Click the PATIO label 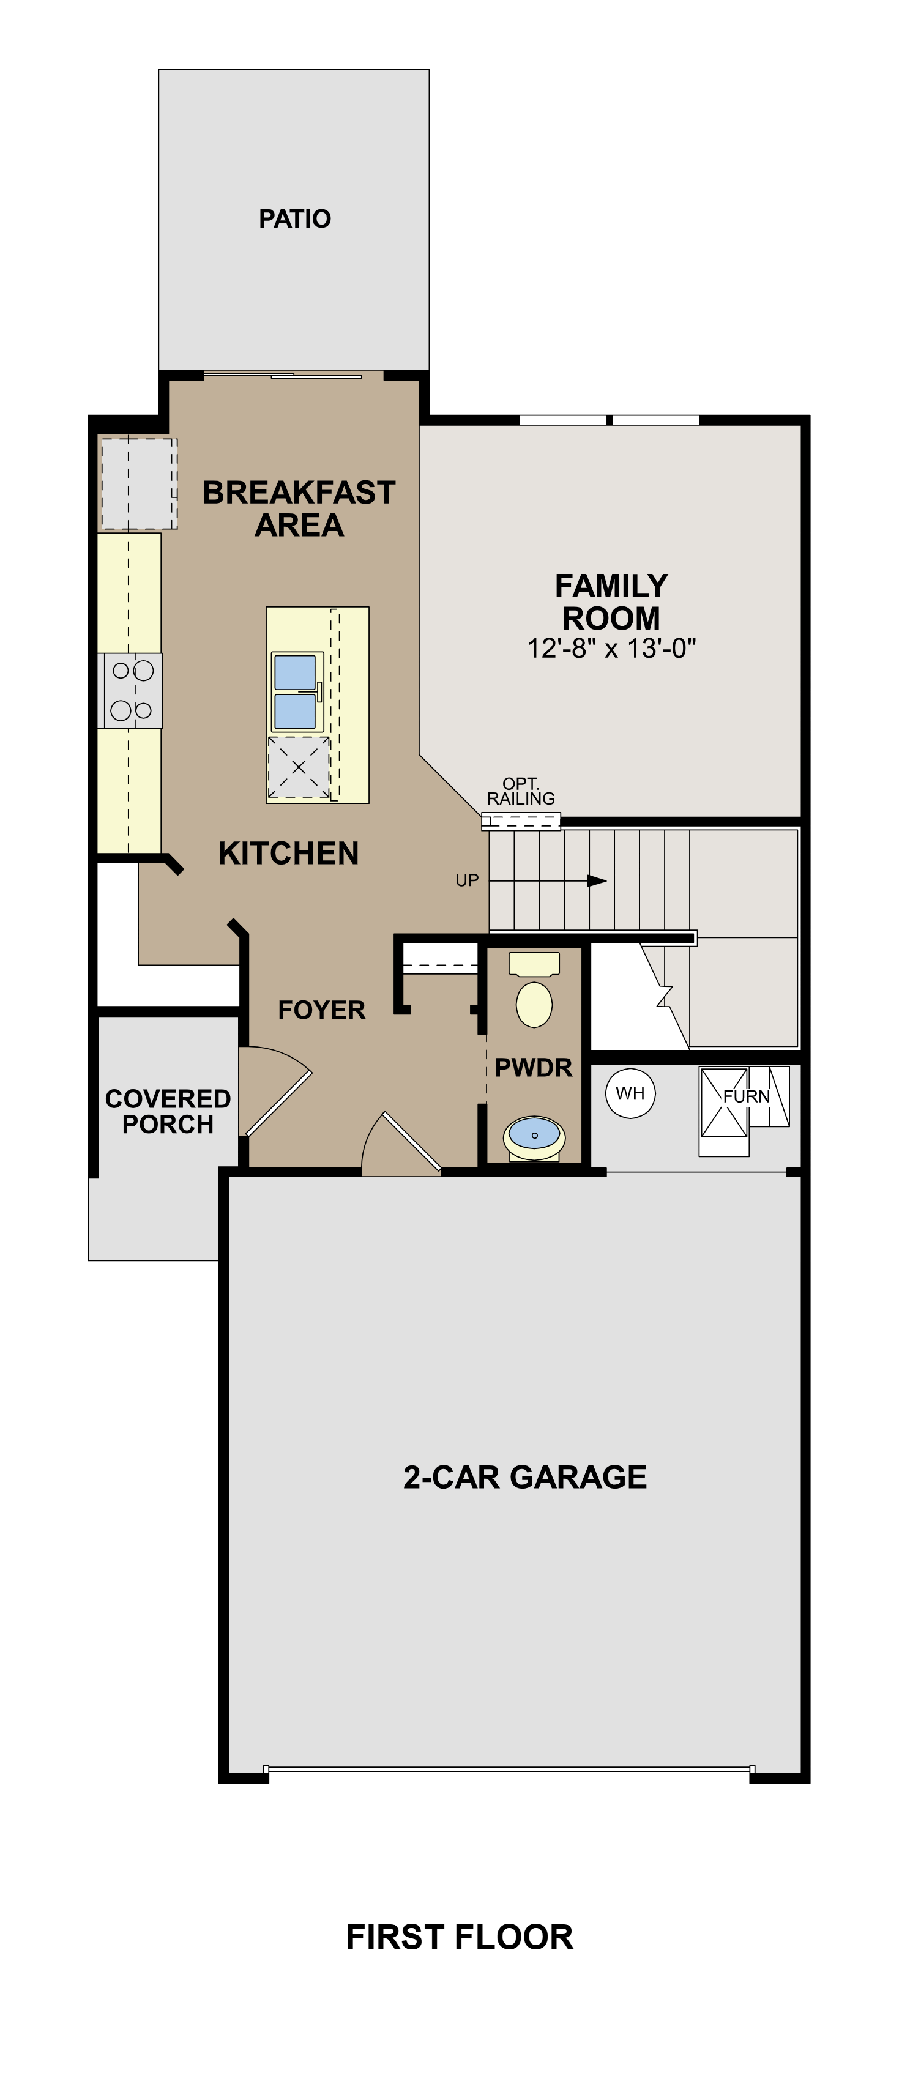point(294,219)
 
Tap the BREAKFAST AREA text point(299,508)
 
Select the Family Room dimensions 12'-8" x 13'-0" point(611,649)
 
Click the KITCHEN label point(288,853)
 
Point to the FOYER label point(321,1010)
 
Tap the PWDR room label point(533,1068)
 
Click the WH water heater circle point(630,1093)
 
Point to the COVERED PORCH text point(168,1111)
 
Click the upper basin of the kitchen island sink point(294,673)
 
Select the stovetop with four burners point(131,690)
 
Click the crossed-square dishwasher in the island point(299,767)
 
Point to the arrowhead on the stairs point(596,880)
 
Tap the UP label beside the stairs point(467,880)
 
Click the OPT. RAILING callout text point(521,791)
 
